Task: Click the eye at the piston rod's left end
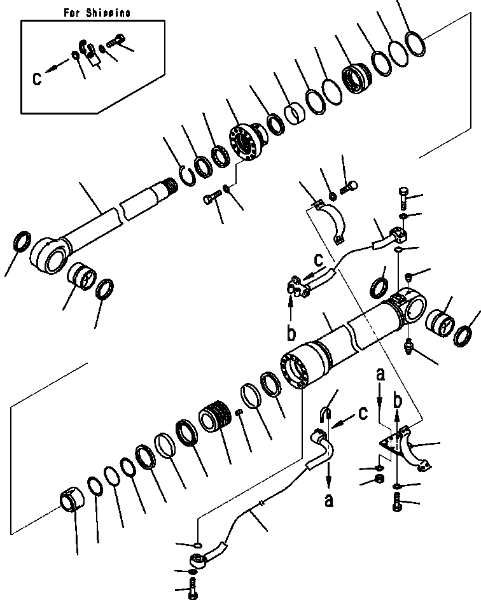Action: tap(50, 256)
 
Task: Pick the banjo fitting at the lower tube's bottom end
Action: tap(199, 561)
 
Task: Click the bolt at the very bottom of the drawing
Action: tap(192, 591)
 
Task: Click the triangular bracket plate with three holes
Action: tap(390, 444)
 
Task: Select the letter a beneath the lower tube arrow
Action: tap(328, 501)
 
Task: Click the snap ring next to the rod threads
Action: tap(185, 175)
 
